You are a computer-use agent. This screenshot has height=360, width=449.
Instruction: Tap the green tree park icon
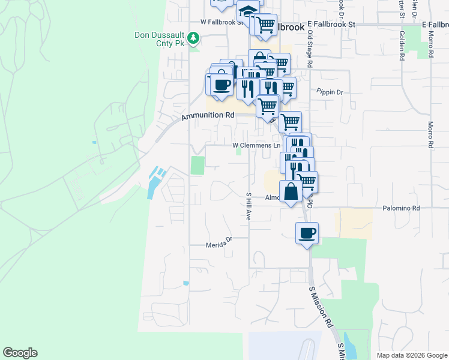coord(193,40)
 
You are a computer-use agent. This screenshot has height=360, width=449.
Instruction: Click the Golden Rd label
coord(401,46)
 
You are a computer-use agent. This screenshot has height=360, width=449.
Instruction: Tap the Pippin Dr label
coord(330,92)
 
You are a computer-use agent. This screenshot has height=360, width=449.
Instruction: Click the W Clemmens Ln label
coord(256,145)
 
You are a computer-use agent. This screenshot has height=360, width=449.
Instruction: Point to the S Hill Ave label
coord(248,206)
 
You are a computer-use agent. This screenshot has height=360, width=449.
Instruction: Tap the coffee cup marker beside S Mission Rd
coord(307,233)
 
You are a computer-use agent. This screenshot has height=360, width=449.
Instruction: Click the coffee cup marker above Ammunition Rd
coord(221,84)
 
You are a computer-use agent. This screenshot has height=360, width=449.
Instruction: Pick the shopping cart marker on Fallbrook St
coord(265,26)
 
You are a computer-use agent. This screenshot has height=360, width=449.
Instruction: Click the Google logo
coord(20,353)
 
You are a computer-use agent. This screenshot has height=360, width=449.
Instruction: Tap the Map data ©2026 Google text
coord(411,355)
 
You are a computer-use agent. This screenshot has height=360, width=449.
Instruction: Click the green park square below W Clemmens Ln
coord(197,165)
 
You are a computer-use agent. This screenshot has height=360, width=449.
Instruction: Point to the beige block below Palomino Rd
coord(354,224)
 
